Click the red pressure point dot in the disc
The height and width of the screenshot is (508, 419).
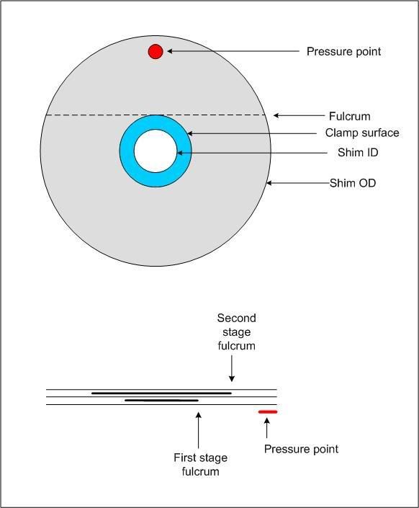pyautogui.click(x=156, y=51)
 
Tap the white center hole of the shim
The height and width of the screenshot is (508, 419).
pyautogui.click(x=156, y=151)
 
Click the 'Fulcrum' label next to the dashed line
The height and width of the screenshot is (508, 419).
pyautogui.click(x=350, y=116)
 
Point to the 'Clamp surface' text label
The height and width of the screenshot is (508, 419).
pyautogui.click(x=362, y=133)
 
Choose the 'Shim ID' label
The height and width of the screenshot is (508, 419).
pyautogui.click(x=358, y=152)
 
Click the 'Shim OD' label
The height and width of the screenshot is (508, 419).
pyautogui.click(x=353, y=183)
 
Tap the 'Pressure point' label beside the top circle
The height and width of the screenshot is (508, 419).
pyautogui.click(x=343, y=51)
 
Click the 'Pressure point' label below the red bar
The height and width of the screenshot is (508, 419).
pyautogui.click(x=301, y=449)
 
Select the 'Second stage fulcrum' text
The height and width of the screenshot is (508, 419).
pyautogui.click(x=236, y=332)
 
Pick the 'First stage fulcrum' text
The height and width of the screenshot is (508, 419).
pyautogui.click(x=200, y=464)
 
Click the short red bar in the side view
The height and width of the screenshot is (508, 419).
pyautogui.click(x=268, y=412)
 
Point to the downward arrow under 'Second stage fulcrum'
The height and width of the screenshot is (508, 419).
pyautogui.click(x=232, y=369)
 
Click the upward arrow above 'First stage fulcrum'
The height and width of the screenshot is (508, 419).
pyautogui.click(x=199, y=430)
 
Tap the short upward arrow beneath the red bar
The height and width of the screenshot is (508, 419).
pyautogui.click(x=267, y=428)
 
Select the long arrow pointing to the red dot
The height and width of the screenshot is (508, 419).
pyautogui.click(x=233, y=51)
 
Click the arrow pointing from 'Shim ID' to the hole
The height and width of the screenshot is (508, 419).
pyautogui.click(x=252, y=153)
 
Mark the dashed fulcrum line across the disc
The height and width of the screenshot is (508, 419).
pyautogui.click(x=156, y=115)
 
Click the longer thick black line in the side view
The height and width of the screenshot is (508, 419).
pyautogui.click(x=161, y=393)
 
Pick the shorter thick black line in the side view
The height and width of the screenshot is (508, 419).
pyautogui.click(x=161, y=401)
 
